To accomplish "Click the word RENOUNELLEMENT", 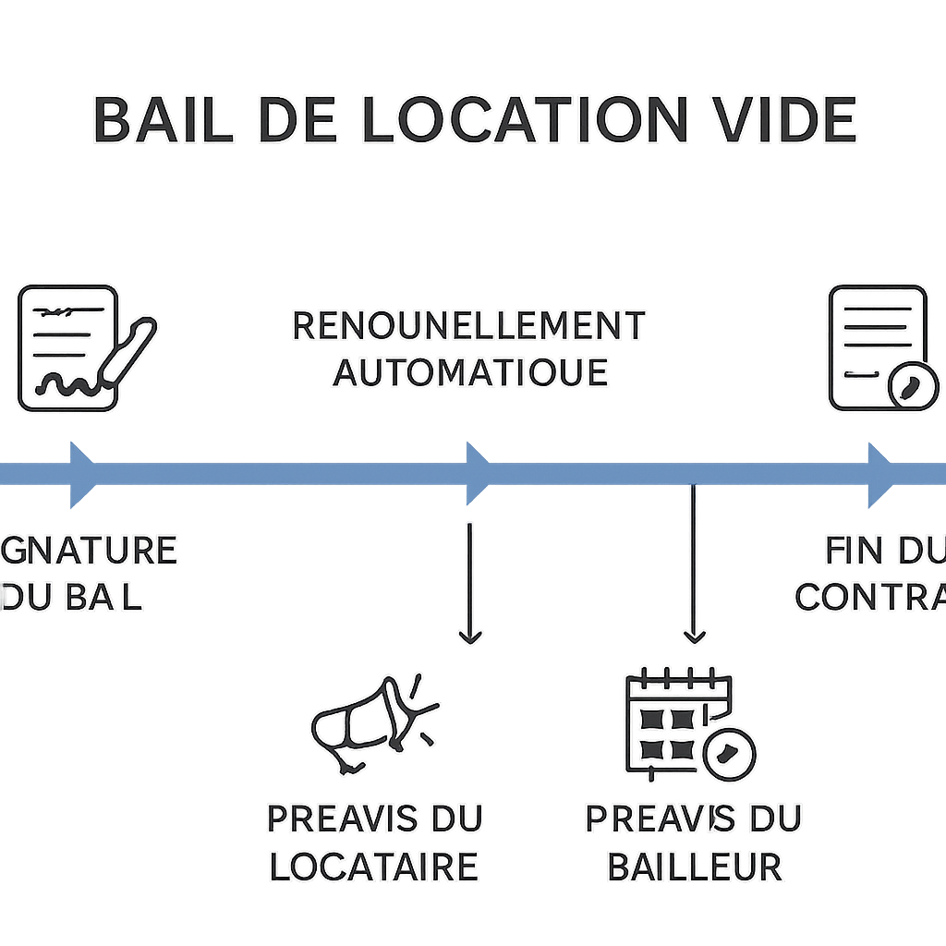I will [468, 326].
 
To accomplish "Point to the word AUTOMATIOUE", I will [470, 372].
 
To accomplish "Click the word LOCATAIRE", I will [373, 867].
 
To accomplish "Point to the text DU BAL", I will [74, 597].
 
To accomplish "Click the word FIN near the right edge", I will [852, 551].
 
